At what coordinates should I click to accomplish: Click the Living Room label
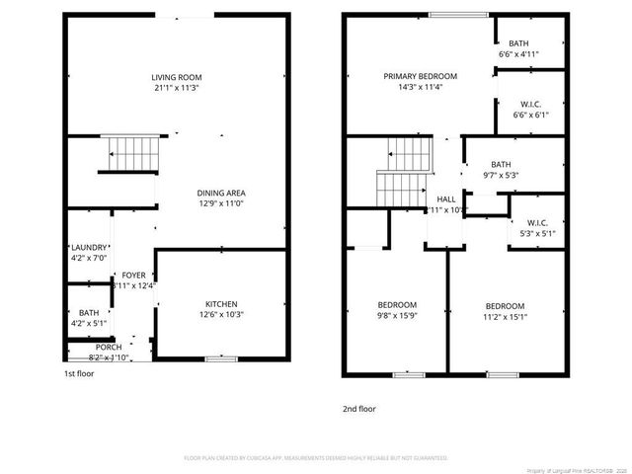[176, 77]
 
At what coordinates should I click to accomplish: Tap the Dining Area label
[221, 193]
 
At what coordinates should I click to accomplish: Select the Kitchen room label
[221, 303]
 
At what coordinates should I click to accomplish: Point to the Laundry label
[89, 247]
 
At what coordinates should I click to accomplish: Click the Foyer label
[133, 275]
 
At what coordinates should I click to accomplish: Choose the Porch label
[109, 348]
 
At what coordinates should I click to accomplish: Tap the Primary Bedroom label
[421, 76]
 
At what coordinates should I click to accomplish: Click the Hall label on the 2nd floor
[446, 198]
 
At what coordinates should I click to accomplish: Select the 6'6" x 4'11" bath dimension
[518, 55]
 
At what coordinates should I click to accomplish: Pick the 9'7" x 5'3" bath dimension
[502, 176]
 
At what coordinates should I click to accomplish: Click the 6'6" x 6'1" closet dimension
[530, 115]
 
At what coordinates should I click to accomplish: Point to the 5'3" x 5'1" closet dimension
[537, 234]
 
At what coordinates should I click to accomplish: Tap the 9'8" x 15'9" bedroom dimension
[397, 317]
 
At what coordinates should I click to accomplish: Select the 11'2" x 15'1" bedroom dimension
[504, 318]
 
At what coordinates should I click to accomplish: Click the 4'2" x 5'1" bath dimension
[89, 321]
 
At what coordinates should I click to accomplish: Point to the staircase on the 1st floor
[132, 153]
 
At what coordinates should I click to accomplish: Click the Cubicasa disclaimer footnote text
[316, 458]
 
